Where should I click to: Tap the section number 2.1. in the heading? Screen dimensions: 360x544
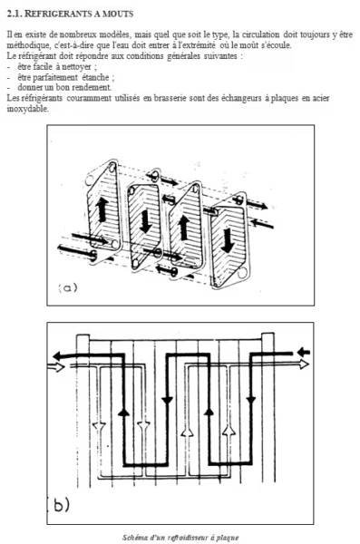15,14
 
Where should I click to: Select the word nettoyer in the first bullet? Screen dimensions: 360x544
76,66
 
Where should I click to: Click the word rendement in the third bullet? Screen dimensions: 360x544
92,87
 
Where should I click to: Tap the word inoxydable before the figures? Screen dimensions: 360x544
27,109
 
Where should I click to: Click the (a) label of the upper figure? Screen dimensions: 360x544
68,287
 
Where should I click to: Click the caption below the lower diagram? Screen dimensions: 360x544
180,538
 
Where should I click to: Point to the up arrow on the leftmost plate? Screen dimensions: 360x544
102,210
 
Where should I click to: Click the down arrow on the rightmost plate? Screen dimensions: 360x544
228,240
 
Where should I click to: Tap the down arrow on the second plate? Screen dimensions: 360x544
145,221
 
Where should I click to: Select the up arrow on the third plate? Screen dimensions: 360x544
183,227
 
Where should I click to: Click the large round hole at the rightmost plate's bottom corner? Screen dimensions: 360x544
243,273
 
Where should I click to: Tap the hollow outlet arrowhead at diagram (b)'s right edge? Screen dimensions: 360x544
304,364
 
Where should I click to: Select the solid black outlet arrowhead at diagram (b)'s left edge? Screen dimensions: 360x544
57,356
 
